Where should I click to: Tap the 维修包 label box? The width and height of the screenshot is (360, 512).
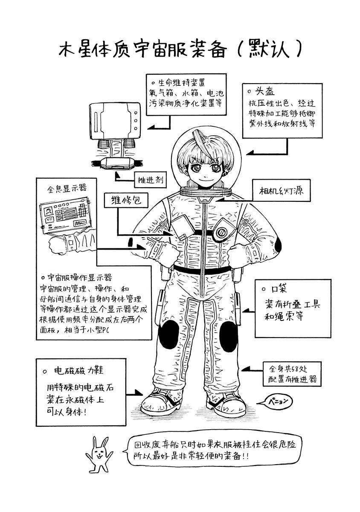pyautogui.click(x=126, y=200)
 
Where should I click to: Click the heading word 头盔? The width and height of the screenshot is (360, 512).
pyautogui.click(x=265, y=92)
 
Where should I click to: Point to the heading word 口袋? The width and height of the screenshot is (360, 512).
pyautogui.click(x=279, y=289)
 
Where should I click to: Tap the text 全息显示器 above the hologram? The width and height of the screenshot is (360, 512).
pyautogui.click(x=67, y=188)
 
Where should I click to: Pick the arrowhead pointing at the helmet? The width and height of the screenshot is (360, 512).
pyautogui.click(x=250, y=153)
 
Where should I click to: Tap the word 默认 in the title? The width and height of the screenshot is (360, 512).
pyautogui.click(x=269, y=49)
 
